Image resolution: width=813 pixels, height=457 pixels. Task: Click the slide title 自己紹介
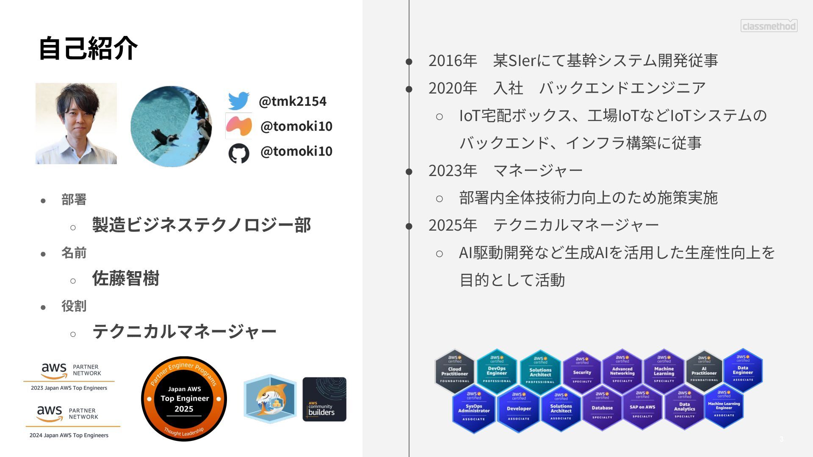coord(88,48)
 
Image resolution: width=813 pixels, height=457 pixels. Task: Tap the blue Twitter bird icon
coord(238,101)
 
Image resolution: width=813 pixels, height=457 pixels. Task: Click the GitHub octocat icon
coord(239,153)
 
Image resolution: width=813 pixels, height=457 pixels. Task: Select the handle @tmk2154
coord(292,101)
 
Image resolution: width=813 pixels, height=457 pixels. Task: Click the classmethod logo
coord(769,26)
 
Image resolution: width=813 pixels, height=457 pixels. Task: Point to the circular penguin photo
coord(171,126)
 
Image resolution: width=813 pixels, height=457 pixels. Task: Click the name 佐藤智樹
coord(126,278)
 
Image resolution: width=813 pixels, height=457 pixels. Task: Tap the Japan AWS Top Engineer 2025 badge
coord(184,399)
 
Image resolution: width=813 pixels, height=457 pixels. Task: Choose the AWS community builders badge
coord(324,399)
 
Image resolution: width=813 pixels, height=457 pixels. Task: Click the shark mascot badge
coord(270,399)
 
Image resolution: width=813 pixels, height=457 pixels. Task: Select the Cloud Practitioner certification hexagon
coord(454,371)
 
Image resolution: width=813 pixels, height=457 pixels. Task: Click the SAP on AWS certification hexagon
coord(642,408)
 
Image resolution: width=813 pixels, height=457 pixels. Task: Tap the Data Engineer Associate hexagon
coord(743,370)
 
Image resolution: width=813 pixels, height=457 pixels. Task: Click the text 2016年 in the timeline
coord(453,61)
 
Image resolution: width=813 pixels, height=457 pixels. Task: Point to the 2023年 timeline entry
coord(453,171)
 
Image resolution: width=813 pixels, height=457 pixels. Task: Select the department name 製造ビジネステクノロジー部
coord(202,225)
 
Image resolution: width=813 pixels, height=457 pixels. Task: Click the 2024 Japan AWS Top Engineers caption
coord(69,435)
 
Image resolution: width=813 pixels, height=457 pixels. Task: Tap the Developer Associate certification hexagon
coord(519,409)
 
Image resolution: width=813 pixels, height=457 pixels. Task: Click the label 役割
coord(74,306)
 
